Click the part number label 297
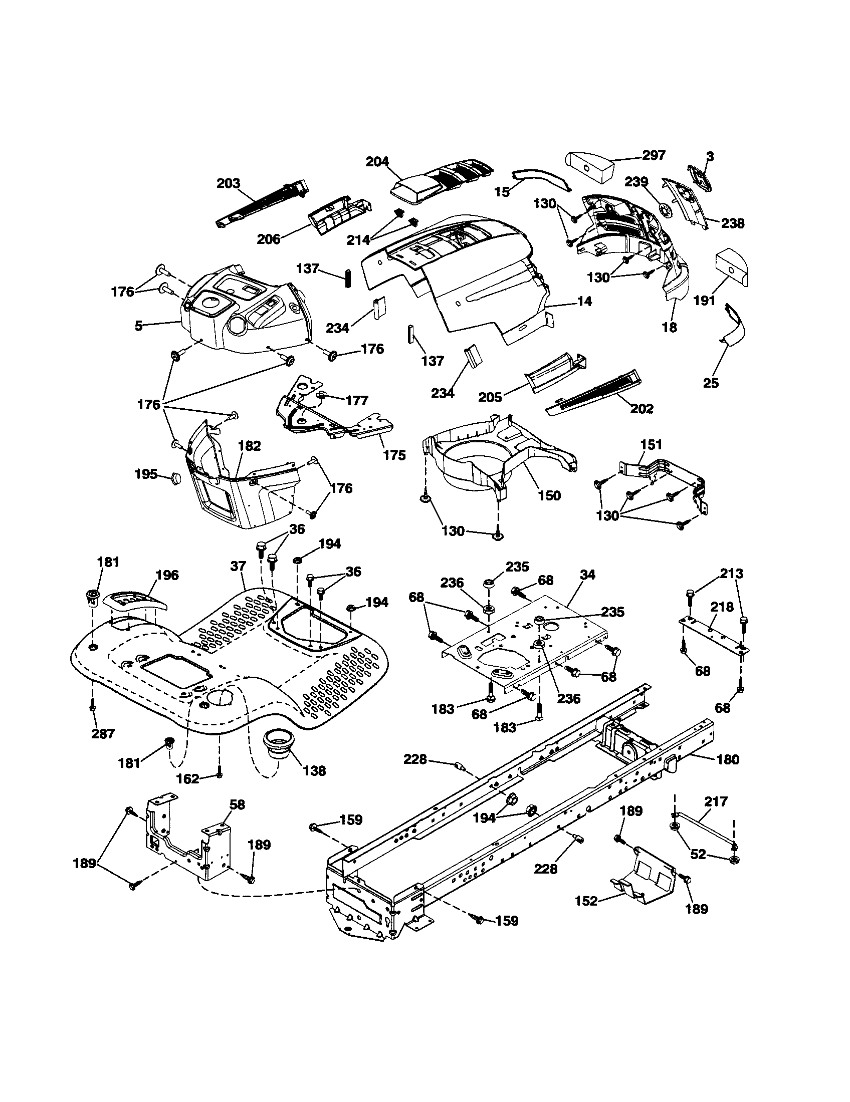654,155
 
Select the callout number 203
228,183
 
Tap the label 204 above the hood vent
377,161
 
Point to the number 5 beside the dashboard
138,326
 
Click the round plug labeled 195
175,477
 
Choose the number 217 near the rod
716,801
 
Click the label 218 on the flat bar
722,607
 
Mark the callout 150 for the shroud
549,495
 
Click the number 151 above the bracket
651,444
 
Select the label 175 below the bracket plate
394,455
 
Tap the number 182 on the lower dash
250,446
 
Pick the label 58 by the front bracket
237,804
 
